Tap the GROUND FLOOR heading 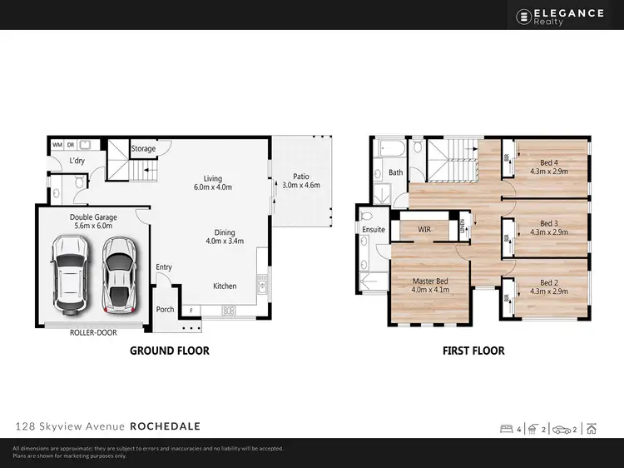169,351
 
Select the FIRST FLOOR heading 473,351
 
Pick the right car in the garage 120,272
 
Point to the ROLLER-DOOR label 92,331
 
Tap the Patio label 300,181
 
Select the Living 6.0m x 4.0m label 214,182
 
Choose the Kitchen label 225,286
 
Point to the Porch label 165,310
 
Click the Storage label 143,149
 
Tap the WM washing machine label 57,145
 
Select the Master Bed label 430,286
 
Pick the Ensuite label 373,229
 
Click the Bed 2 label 547,287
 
